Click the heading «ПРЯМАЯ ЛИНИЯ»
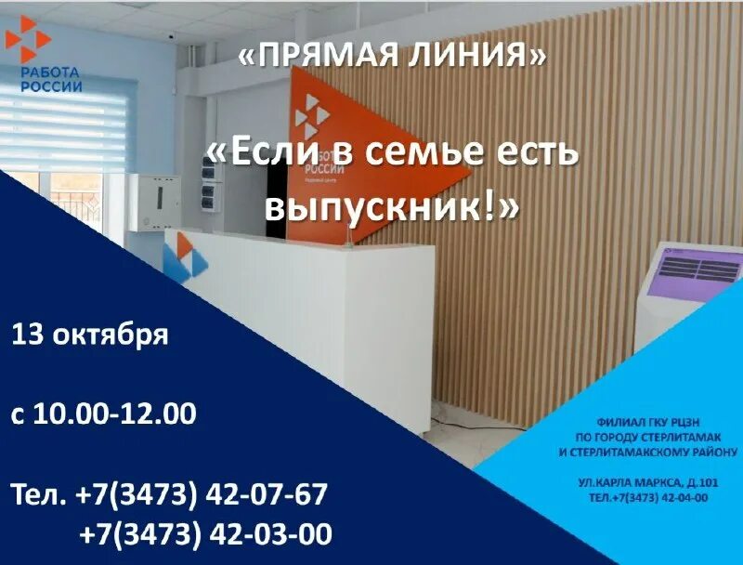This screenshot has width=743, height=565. (392, 56)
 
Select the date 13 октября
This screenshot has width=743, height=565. (90, 335)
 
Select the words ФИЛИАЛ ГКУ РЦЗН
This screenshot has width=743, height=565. (646, 421)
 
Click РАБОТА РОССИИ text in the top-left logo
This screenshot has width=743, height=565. (51, 79)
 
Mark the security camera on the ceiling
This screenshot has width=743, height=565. (172, 34)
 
